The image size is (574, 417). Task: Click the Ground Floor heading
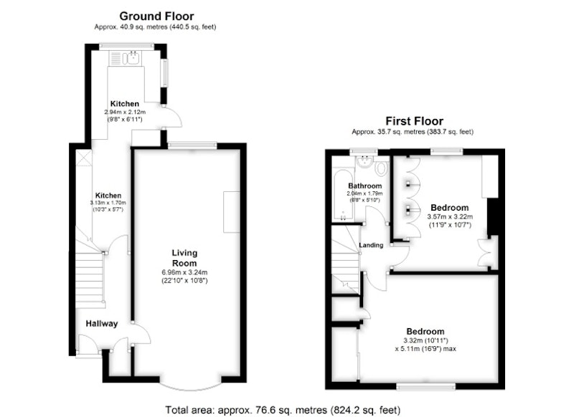pyautogui.click(x=156, y=16)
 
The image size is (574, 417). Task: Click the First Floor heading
pyautogui.click(x=414, y=121)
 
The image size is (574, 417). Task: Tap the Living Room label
pyautogui.click(x=184, y=258)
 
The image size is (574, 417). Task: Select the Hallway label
pyautogui.click(x=102, y=323)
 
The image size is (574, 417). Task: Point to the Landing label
pyautogui.click(x=371, y=245)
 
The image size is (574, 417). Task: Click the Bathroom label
pyautogui.click(x=365, y=186)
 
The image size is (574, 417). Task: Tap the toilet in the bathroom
pyautogui.click(x=382, y=169)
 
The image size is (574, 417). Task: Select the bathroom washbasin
pyautogui.click(x=364, y=162)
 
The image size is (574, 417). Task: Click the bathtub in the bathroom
pyautogui.click(x=343, y=194)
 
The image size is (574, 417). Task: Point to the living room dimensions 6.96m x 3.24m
pyautogui.click(x=184, y=272)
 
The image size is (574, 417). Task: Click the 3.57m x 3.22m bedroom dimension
pyautogui.click(x=450, y=216)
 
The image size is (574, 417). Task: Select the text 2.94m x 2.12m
pyautogui.click(x=125, y=112)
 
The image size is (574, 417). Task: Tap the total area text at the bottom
pyautogui.click(x=283, y=410)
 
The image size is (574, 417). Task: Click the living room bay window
pyautogui.click(x=190, y=386)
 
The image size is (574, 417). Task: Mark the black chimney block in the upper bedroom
pyautogui.click(x=493, y=216)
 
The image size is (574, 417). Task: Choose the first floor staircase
pyautogui.click(x=346, y=259)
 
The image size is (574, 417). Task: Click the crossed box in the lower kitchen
pyautogui.click(x=83, y=158)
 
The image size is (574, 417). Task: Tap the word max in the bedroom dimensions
pyautogui.click(x=450, y=349)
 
